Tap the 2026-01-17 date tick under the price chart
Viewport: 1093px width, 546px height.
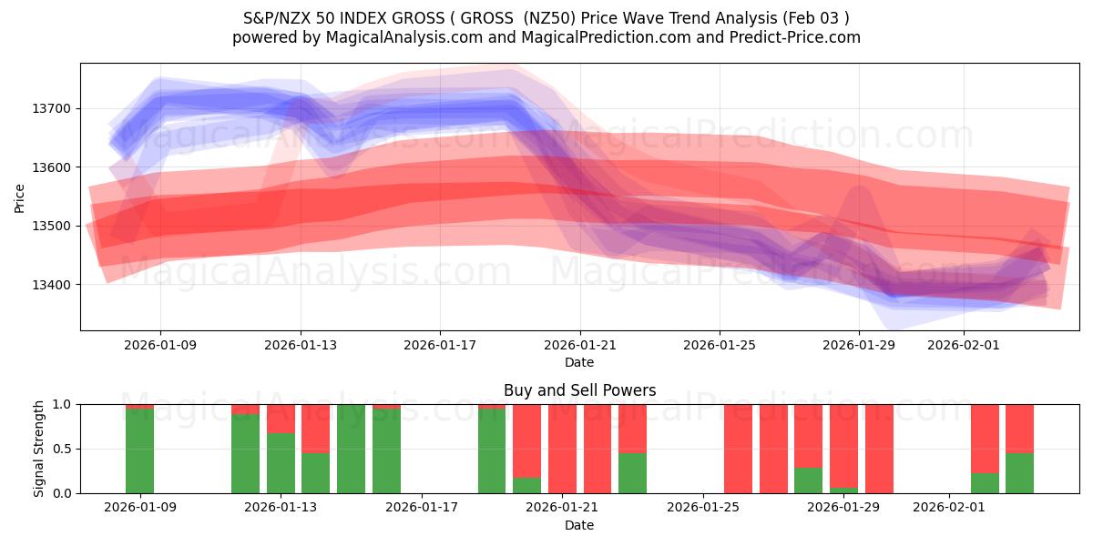[440, 345]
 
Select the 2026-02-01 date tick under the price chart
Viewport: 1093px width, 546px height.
[964, 345]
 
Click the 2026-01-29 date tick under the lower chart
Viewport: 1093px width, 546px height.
[844, 507]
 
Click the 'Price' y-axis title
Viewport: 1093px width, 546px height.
[20, 197]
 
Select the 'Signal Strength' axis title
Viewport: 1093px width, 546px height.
[38, 449]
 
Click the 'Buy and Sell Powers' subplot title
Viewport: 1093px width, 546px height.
[579, 390]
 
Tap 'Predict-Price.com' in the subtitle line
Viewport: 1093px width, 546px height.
[791, 37]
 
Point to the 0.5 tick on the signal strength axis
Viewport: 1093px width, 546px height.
[63, 449]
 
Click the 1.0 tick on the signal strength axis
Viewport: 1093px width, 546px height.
[63, 404]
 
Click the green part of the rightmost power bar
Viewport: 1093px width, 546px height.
[1019, 473]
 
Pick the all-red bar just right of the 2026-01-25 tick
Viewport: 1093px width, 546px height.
[738, 449]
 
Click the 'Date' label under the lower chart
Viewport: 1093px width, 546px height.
[579, 525]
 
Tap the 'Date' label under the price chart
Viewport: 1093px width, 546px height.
[579, 362]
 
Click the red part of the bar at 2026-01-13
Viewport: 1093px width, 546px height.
[281, 418]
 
